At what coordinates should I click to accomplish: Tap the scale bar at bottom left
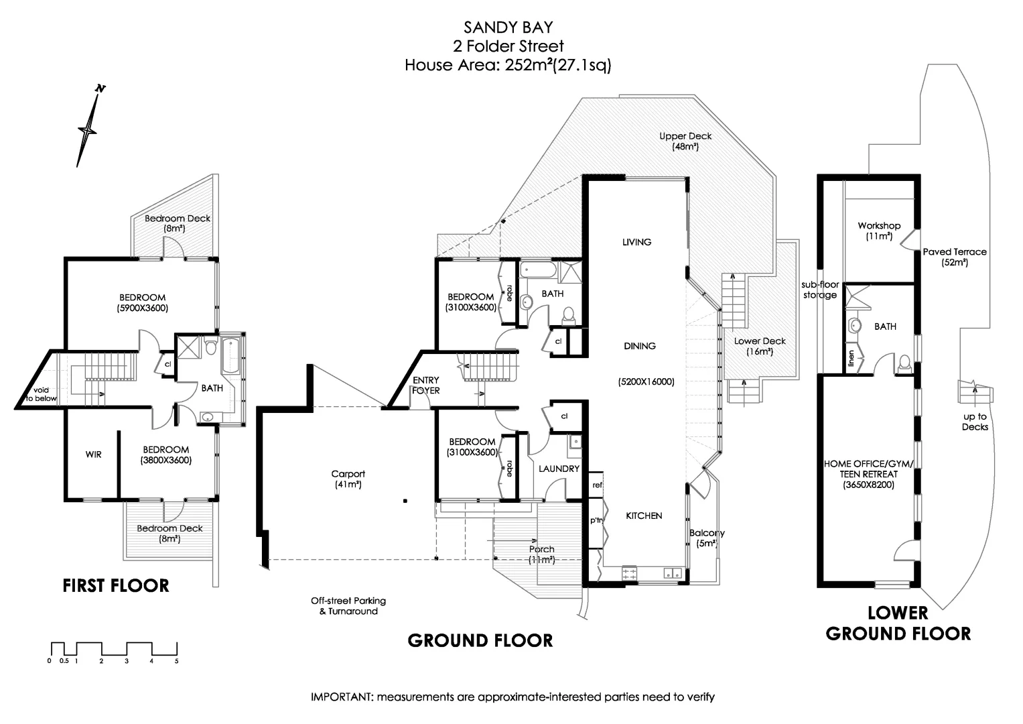pyautogui.click(x=114, y=650)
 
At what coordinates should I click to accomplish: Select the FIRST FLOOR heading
pyautogui.click(x=116, y=585)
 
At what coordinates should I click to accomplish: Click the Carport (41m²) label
pyautogui.click(x=348, y=479)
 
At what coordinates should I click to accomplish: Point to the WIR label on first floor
pyautogui.click(x=94, y=455)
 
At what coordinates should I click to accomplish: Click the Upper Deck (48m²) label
pyautogui.click(x=685, y=141)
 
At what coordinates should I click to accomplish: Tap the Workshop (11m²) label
pyautogui.click(x=879, y=231)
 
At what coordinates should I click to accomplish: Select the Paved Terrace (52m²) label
pyautogui.click(x=955, y=257)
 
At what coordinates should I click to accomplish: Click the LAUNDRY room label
pyautogui.click(x=559, y=469)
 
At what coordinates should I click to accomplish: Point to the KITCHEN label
pyautogui.click(x=644, y=516)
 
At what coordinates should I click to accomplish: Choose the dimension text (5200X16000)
pyautogui.click(x=646, y=382)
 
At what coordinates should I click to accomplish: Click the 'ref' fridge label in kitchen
pyautogui.click(x=597, y=485)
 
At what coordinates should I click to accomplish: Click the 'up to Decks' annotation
pyautogui.click(x=975, y=422)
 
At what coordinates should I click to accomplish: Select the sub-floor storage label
pyautogui.click(x=820, y=290)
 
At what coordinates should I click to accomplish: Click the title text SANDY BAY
pyautogui.click(x=508, y=27)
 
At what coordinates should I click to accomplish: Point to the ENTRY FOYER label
pyautogui.click(x=426, y=385)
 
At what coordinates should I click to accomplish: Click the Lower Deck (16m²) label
pyautogui.click(x=760, y=346)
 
